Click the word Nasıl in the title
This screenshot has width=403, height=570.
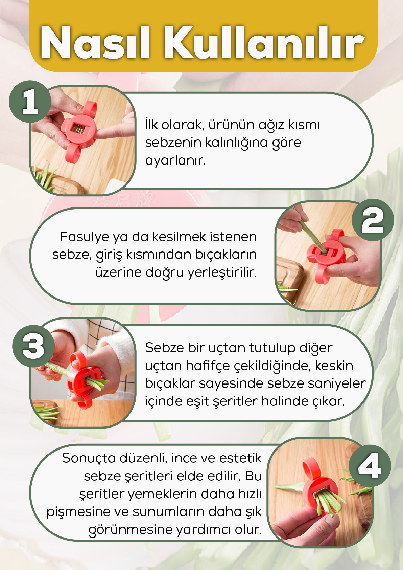(94, 43)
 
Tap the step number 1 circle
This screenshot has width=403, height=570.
(30, 101)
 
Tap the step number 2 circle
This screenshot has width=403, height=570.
(373, 220)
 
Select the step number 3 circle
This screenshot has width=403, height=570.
(33, 346)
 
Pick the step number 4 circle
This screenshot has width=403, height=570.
(370, 466)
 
